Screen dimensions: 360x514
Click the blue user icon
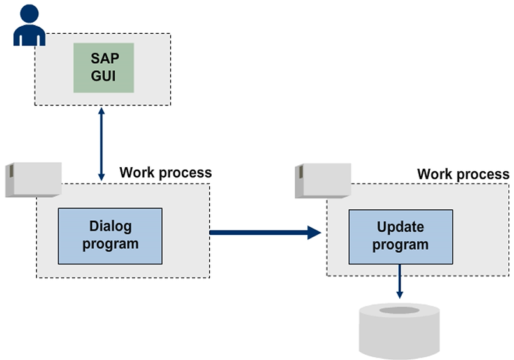(25, 25)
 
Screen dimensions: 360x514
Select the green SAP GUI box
(103, 68)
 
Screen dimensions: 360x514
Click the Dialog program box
(109, 236)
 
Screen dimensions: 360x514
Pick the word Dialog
(109, 227)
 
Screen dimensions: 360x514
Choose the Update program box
(400, 236)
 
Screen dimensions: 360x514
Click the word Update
(400, 227)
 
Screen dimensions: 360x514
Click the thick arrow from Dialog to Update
(261, 232)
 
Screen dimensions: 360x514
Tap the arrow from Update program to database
(400, 281)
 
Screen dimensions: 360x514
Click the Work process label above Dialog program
(166, 173)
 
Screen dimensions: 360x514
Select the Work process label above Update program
(463, 174)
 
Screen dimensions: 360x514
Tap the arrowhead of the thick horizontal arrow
(313, 232)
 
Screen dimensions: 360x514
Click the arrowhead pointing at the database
(400, 294)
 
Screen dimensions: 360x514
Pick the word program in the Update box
(400, 244)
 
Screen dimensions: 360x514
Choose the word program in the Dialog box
(109, 244)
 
